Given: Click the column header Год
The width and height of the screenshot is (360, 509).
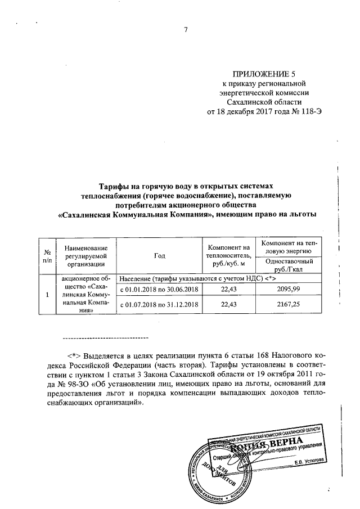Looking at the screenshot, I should pyautogui.click(x=159, y=256).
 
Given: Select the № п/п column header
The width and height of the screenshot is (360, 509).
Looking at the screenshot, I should pyautogui.click(x=48, y=256).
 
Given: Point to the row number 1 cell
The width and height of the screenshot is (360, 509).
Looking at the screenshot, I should pyautogui.click(x=48, y=294).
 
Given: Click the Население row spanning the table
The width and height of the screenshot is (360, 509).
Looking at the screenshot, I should pyautogui.click(x=200, y=278).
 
